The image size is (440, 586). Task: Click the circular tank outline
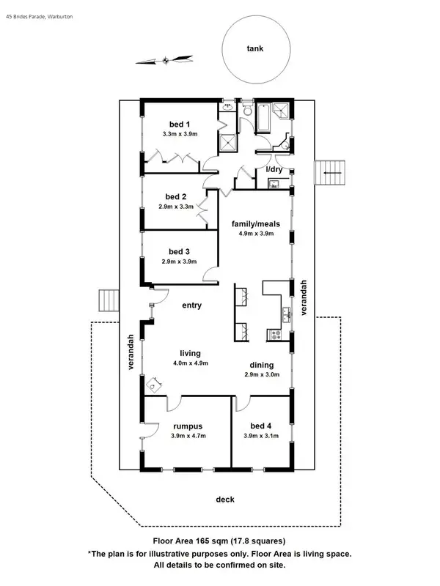[x=254, y=50]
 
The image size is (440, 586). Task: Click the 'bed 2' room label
[x=176, y=196]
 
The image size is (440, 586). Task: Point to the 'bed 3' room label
[x=176, y=251]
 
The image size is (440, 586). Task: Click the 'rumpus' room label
[x=188, y=426]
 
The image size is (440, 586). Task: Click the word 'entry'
[x=191, y=305]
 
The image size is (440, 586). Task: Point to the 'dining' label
[x=261, y=365]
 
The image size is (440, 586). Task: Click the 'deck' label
[x=225, y=500]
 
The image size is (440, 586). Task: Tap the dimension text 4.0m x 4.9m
[x=191, y=363]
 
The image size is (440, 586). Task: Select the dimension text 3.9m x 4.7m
[x=188, y=436]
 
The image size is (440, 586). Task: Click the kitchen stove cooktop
[x=276, y=335]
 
